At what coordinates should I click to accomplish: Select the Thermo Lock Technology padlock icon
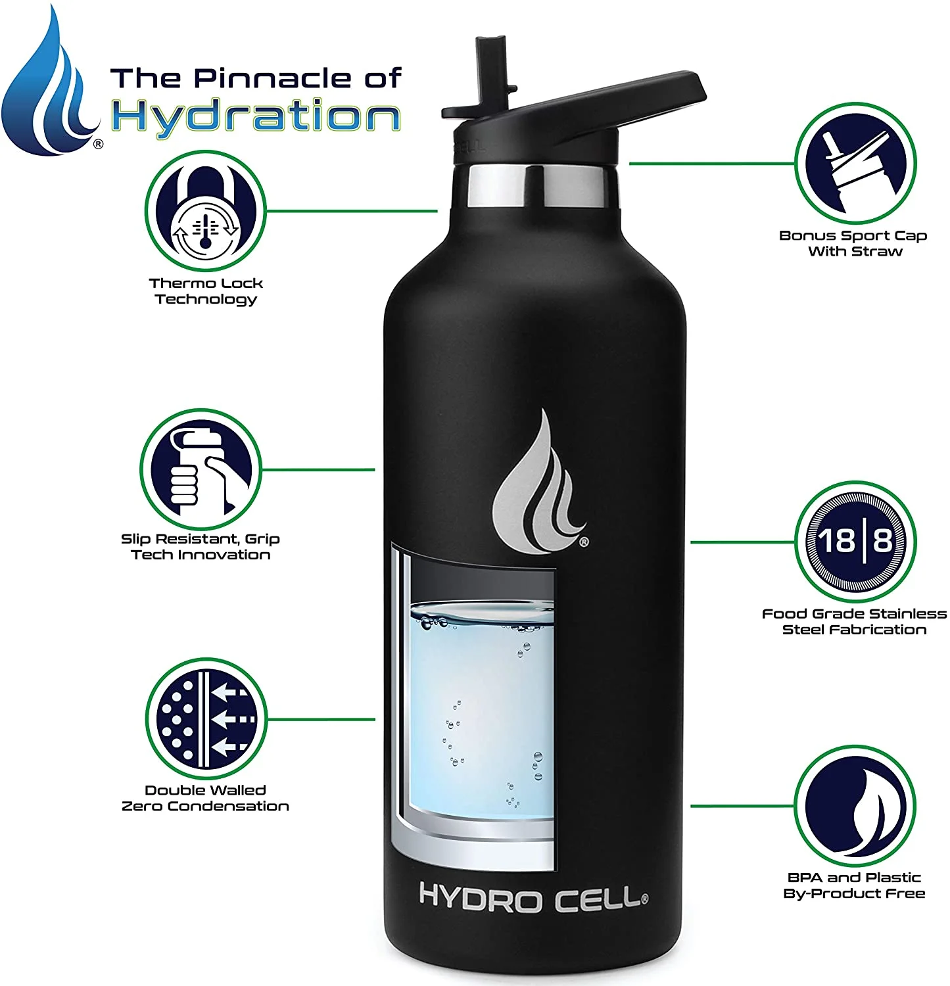[x=205, y=210]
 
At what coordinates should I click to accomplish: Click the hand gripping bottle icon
[x=201, y=469]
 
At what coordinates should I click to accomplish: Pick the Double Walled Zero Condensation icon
[x=206, y=718]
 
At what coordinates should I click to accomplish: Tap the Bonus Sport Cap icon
[x=855, y=163]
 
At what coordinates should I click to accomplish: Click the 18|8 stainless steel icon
[x=855, y=542]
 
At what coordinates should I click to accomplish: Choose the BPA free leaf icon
[x=855, y=806]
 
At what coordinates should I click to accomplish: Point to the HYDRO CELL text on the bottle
[x=533, y=898]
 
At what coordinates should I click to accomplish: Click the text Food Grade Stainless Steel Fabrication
[x=854, y=622]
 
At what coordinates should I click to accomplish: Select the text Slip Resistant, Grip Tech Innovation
[x=201, y=547]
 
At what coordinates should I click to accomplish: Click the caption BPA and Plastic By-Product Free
[x=854, y=885]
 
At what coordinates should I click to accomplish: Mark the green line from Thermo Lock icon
[x=352, y=211]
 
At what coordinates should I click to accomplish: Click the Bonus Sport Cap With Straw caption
[x=853, y=243]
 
